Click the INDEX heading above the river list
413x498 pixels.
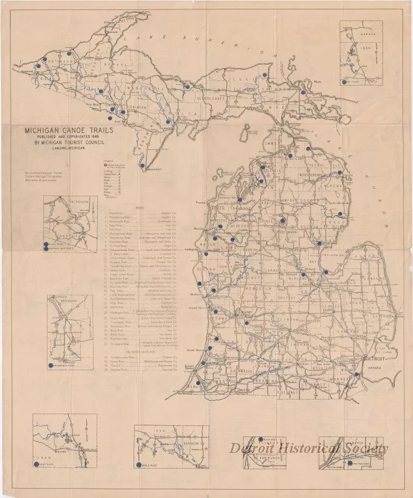pyautogui.click(x=139, y=207)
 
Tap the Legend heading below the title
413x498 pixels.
pyautogui.click(x=107, y=160)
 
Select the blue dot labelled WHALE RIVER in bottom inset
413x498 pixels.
pyautogui.click(x=138, y=465)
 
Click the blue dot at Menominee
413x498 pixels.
pyautogui.click(x=142, y=166)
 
